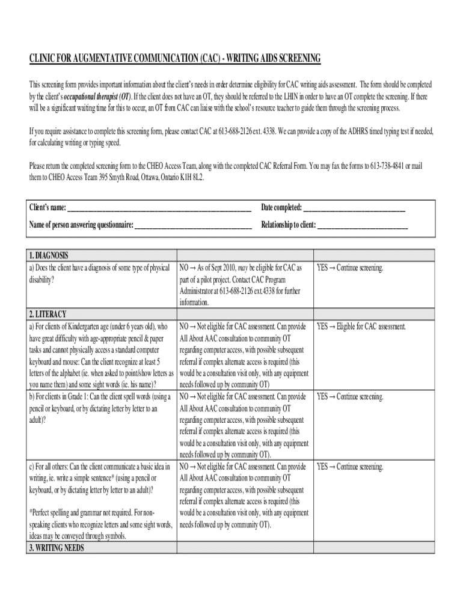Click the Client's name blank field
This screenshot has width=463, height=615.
(x=159, y=208)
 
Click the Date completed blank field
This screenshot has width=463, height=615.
(x=354, y=208)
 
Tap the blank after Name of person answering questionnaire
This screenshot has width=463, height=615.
(x=193, y=226)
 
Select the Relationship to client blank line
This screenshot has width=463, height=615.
(x=362, y=226)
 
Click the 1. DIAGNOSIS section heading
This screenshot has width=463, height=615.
(x=49, y=255)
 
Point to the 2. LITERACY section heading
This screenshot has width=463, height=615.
(x=48, y=314)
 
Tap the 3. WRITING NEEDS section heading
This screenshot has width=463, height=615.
(x=57, y=548)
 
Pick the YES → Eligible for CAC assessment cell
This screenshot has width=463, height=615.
(x=361, y=327)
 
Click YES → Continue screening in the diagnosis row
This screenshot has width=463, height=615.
(x=350, y=267)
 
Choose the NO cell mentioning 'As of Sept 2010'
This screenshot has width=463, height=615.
(x=241, y=285)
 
